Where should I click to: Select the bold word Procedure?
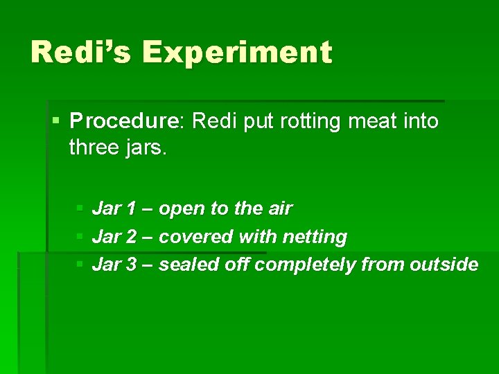coord(124,122)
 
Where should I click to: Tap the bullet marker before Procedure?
coord(55,122)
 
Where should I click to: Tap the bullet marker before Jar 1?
coord(80,208)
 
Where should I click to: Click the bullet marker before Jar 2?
coord(80,237)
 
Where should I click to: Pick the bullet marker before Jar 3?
coord(80,265)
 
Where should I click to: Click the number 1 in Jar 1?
coord(132,208)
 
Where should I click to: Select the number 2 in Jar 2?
coord(132,237)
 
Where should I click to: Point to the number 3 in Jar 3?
coord(132,265)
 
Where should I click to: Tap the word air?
coord(279,208)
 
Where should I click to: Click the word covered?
coord(196,237)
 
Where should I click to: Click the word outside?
coord(444,265)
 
